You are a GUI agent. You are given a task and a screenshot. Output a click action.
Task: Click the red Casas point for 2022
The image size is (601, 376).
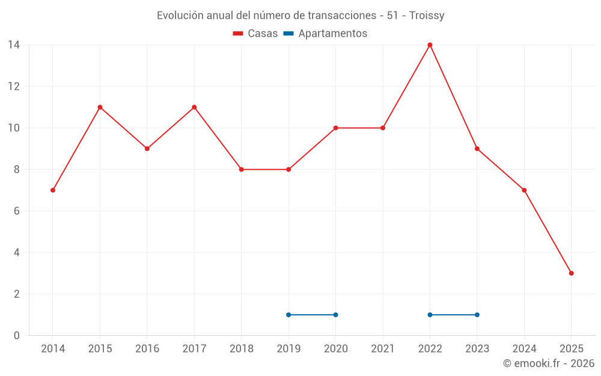pyautogui.click(x=430, y=45)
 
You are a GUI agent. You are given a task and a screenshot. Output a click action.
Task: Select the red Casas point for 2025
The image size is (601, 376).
pyautogui.click(x=571, y=273)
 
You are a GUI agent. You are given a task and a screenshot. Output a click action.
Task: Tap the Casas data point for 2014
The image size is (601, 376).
pyautogui.click(x=53, y=190)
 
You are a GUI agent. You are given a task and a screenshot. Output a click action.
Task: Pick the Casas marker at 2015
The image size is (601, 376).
pyautogui.click(x=100, y=107)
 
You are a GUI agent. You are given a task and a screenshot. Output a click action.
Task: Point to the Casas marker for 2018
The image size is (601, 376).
pyautogui.click(x=241, y=170)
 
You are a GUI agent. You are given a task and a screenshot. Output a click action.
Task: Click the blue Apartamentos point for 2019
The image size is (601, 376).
pyautogui.click(x=288, y=315)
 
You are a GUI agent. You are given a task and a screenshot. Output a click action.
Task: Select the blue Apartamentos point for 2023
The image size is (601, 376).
pyautogui.click(x=477, y=315)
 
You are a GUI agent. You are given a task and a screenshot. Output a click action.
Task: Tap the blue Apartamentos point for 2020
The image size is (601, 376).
pyautogui.click(x=335, y=315)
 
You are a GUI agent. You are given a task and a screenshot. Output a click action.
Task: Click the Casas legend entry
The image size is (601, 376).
pyautogui.click(x=255, y=34)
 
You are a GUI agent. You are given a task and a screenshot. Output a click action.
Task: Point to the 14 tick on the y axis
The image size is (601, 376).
pyautogui.click(x=14, y=45)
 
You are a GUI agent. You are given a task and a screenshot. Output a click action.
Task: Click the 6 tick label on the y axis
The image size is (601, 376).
pyautogui.click(x=17, y=211)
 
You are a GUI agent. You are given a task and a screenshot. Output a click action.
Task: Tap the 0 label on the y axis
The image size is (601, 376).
pyautogui.click(x=17, y=336)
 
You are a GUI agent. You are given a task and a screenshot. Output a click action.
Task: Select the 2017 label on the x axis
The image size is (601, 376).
pyautogui.click(x=194, y=349)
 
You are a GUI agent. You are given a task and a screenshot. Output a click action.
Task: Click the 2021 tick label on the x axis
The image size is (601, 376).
pyautogui.click(x=383, y=349)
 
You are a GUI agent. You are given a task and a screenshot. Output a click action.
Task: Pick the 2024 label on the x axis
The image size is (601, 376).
pyautogui.click(x=524, y=349)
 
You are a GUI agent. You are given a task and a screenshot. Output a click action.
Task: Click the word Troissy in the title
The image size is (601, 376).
pyautogui.click(x=427, y=16)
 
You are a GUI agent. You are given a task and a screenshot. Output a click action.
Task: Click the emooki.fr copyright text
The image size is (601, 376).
pyautogui.click(x=548, y=363)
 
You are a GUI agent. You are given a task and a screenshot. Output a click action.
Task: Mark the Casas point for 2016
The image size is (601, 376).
pyautogui.click(x=147, y=149)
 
